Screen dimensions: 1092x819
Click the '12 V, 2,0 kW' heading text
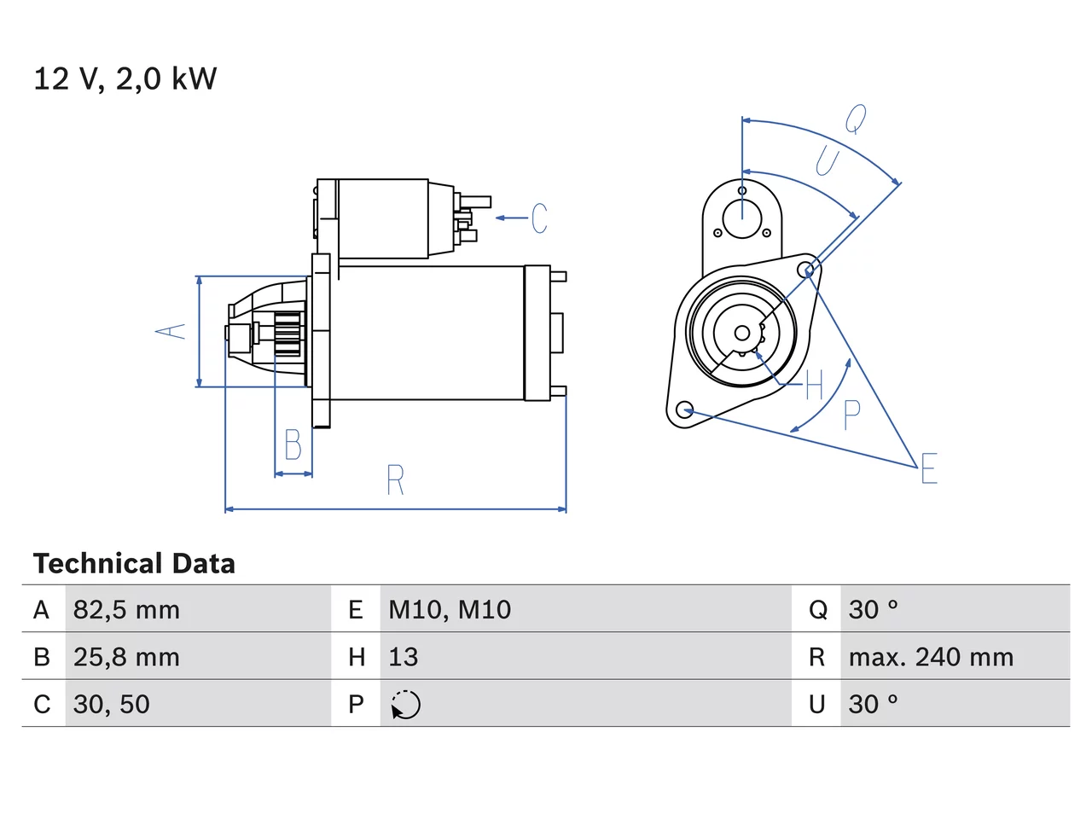point(125,78)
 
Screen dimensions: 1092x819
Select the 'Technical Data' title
point(134,563)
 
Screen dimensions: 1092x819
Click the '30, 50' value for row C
point(112,704)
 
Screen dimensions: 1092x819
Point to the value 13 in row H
point(403,657)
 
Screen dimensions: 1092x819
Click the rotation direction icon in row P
point(405,705)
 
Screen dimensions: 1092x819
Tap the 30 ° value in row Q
point(873,610)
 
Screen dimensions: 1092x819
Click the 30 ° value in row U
point(873,704)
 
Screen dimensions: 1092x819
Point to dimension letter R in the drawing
point(396,479)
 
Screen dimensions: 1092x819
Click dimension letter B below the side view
point(293,444)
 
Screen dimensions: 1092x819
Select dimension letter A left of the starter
point(170,331)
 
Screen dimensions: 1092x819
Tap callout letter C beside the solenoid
point(539,218)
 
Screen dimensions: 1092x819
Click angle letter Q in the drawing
point(856,119)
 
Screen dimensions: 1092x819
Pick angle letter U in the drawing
point(828,160)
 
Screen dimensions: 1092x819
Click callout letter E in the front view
point(929,468)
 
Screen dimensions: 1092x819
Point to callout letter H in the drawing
point(815,385)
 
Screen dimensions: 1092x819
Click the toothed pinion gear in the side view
point(288,334)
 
